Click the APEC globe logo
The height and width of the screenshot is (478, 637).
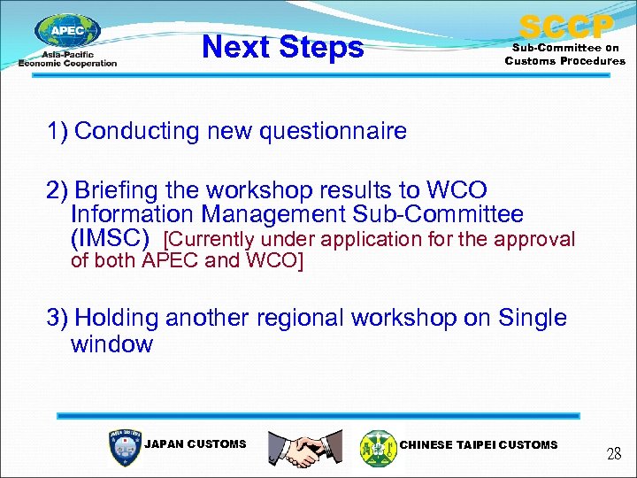(67, 34)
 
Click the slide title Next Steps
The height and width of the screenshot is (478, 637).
(282, 47)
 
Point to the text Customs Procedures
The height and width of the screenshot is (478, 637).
(564, 61)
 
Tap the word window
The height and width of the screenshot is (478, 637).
(111, 344)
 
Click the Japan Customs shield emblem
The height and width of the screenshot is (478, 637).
(124, 447)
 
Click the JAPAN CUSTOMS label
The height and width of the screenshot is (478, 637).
(195, 444)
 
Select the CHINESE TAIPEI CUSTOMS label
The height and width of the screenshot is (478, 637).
(479, 444)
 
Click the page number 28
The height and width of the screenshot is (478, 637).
(614, 454)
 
